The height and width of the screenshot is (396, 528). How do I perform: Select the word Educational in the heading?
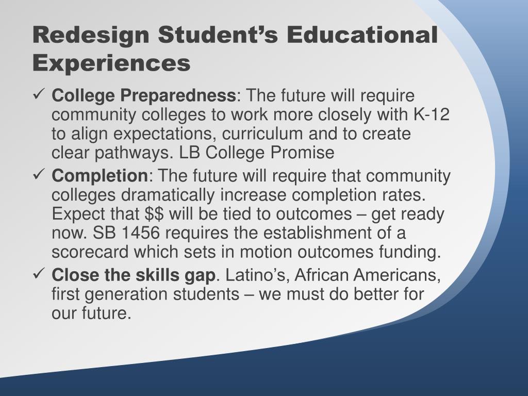(x=362, y=34)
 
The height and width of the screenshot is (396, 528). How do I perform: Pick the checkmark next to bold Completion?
(x=37, y=174)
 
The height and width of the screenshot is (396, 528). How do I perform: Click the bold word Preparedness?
(x=178, y=96)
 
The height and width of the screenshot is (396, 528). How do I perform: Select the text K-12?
(x=432, y=114)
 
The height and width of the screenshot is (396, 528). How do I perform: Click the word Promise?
(x=302, y=153)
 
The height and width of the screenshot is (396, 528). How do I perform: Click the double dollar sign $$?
(x=155, y=214)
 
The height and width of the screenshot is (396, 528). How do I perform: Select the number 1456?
(x=140, y=233)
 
